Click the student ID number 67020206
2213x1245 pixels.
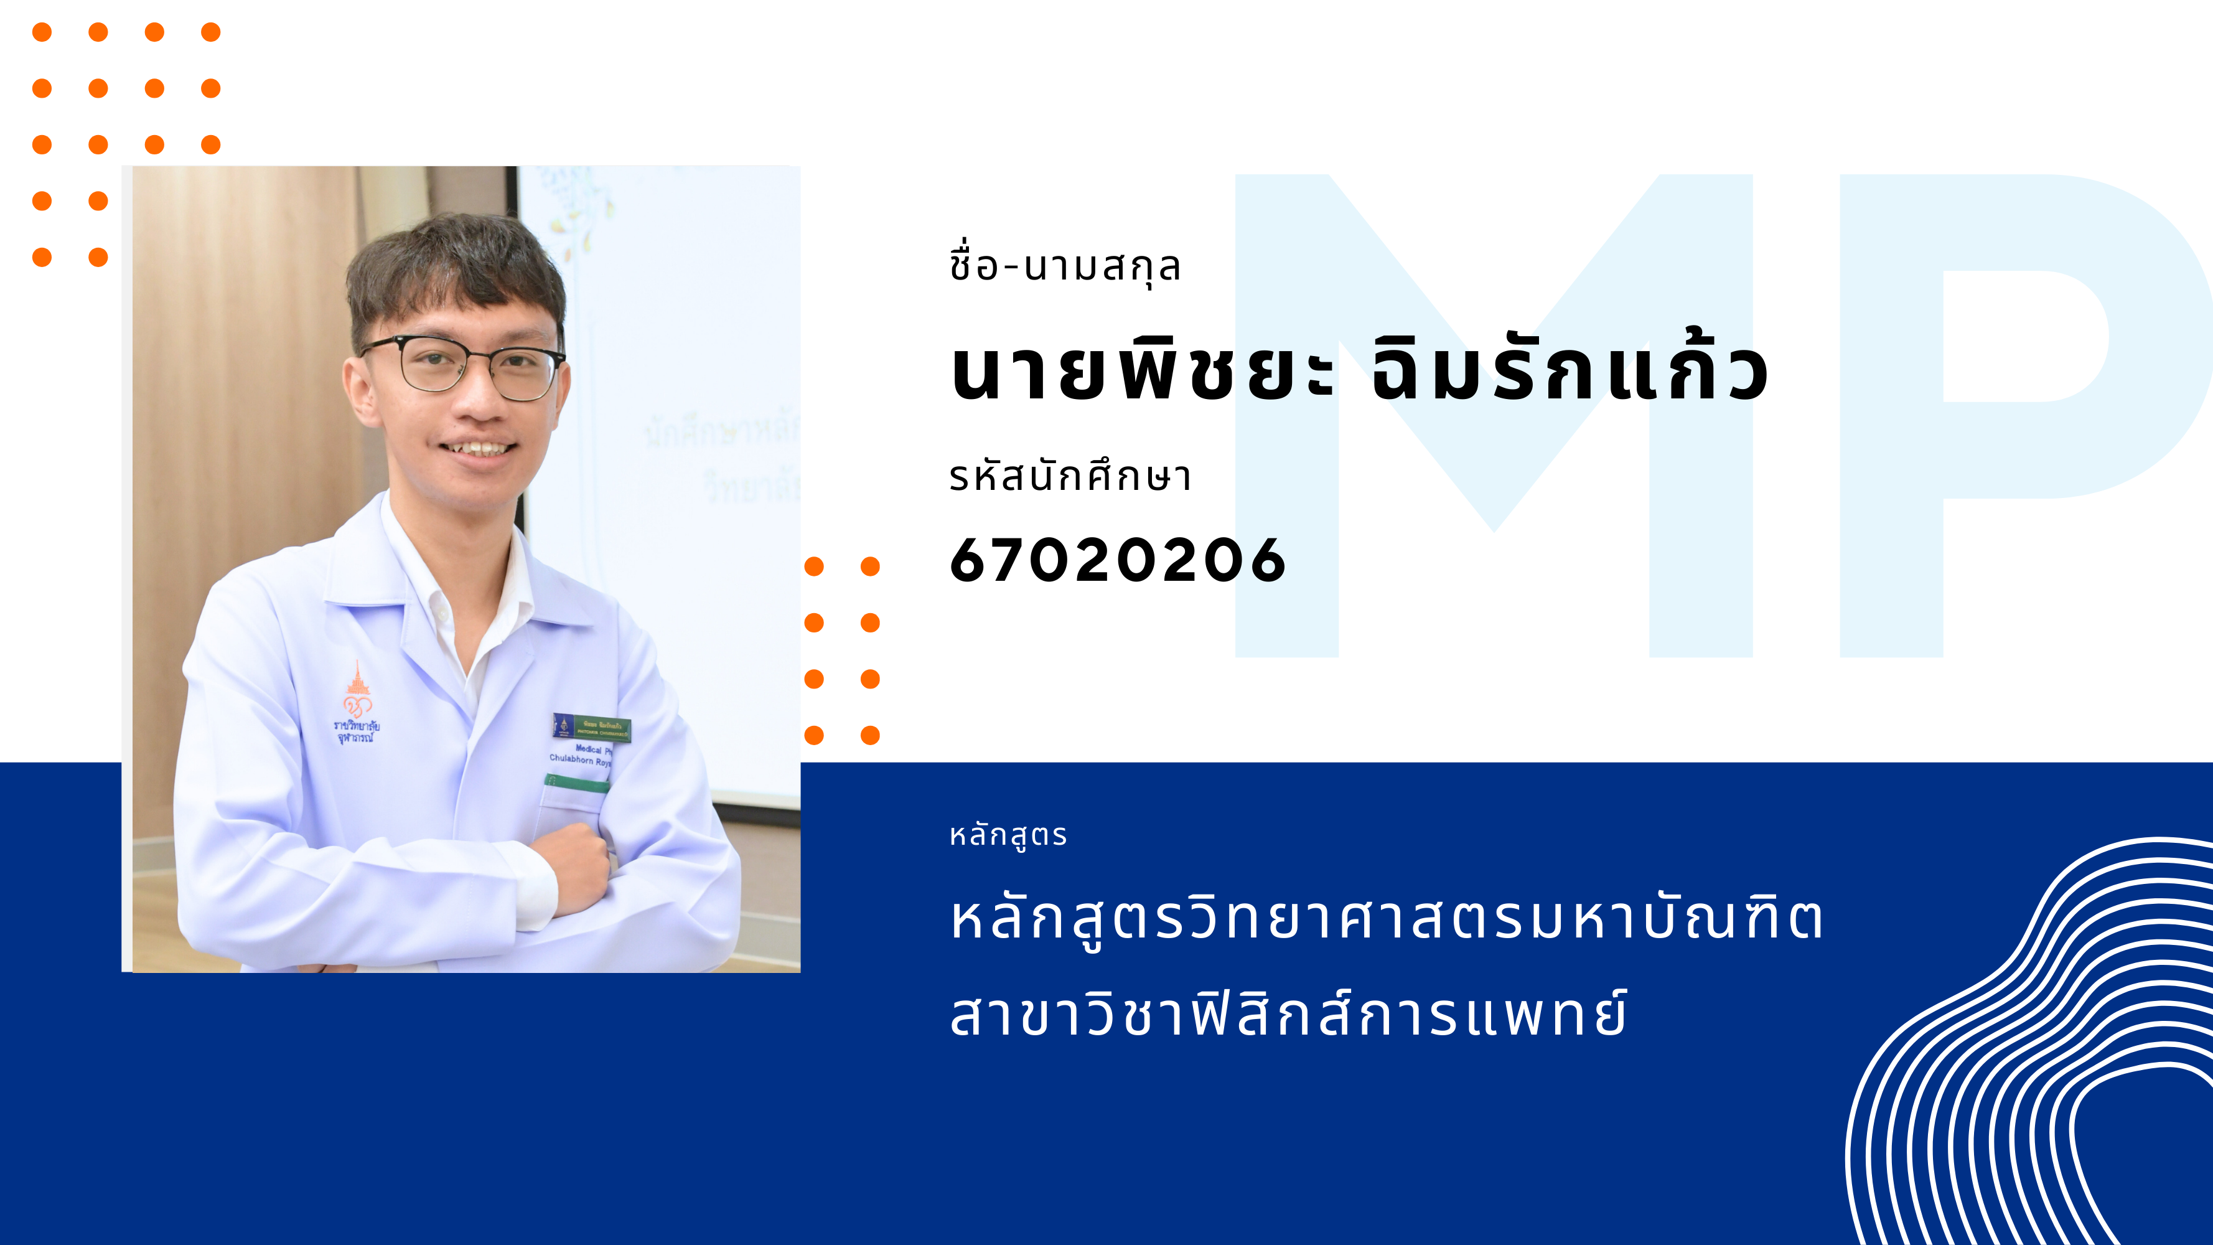1117,560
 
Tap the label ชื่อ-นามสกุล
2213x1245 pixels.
1065,266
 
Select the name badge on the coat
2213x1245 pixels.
592,727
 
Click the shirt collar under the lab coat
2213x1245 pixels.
447,593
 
